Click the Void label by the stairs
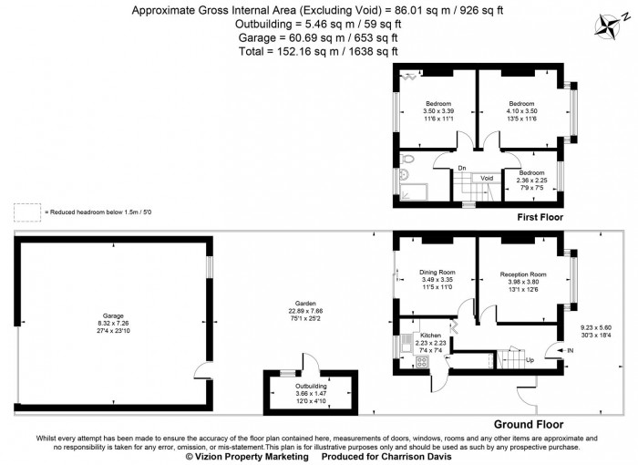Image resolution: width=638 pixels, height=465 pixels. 487,178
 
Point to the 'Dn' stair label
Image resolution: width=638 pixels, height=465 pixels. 462,167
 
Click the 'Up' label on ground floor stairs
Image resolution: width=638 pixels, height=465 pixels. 530,359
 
